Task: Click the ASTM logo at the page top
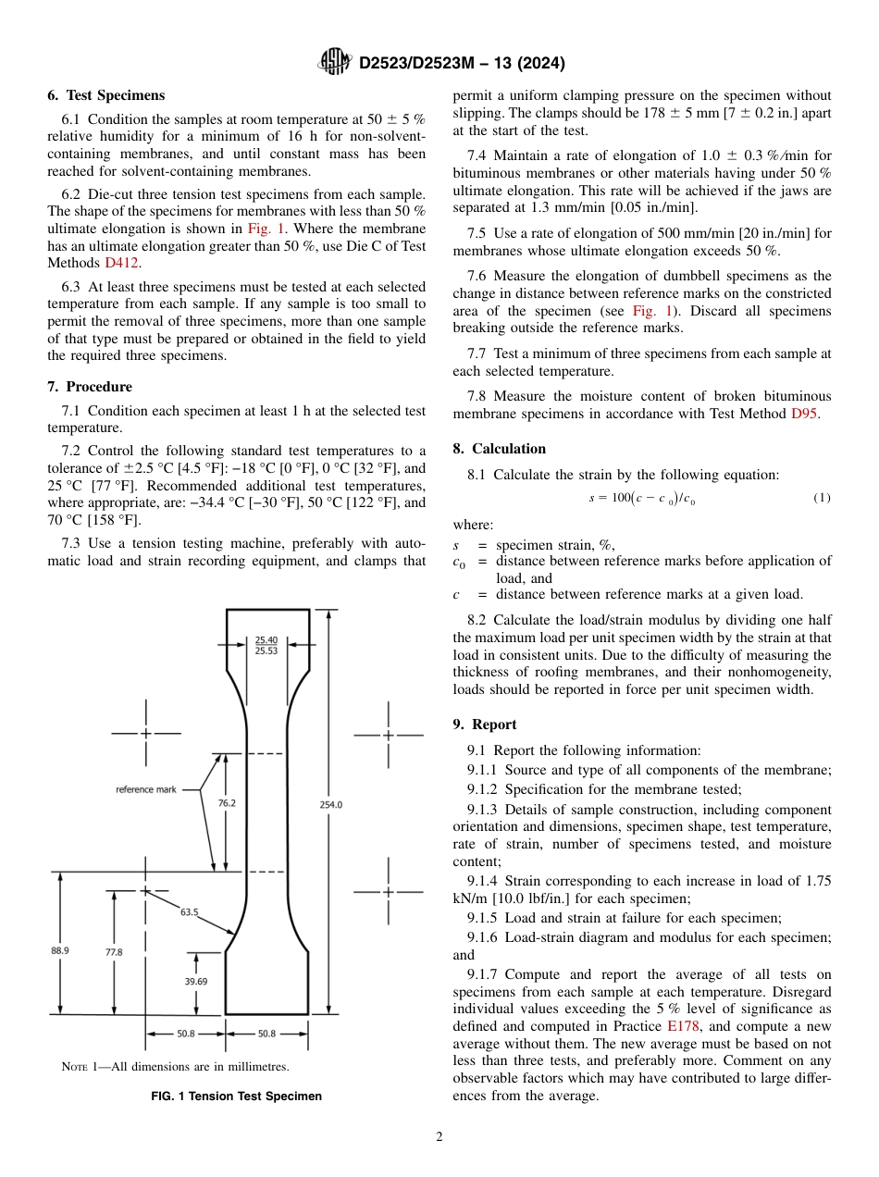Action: point(334,63)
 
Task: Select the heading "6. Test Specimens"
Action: point(106,95)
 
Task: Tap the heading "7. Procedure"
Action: point(90,387)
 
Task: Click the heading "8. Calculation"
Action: point(500,449)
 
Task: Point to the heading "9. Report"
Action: point(485,725)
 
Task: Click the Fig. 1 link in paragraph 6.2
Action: point(266,228)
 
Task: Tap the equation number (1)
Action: point(822,498)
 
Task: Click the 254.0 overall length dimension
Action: point(331,805)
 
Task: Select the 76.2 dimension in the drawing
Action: point(227,804)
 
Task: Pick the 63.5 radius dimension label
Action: point(189,912)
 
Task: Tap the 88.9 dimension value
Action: point(60,950)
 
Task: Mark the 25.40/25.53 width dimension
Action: point(266,645)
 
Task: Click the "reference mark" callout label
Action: point(145,789)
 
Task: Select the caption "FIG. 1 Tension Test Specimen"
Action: point(236,1096)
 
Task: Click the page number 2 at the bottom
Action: point(439,1137)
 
